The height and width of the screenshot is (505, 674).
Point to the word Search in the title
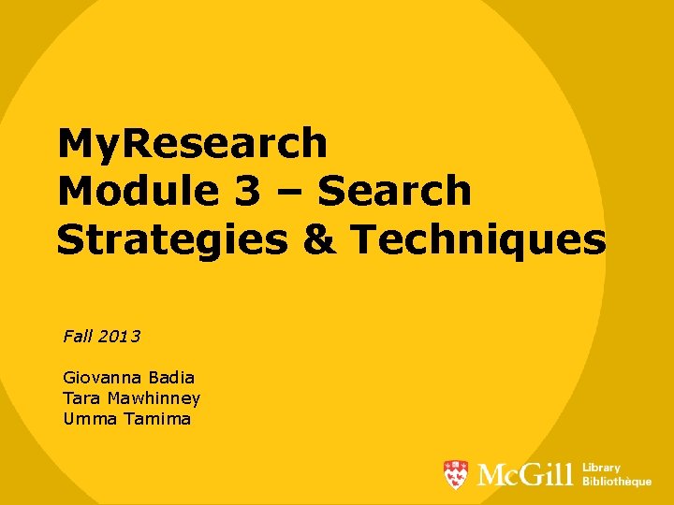(x=395, y=192)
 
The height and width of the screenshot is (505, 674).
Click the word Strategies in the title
(x=171, y=239)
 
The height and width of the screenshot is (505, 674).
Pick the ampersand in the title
(x=320, y=239)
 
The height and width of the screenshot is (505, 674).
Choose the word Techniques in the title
(x=478, y=239)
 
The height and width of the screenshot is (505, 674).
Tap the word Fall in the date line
(x=76, y=335)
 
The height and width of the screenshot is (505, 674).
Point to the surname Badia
(x=173, y=378)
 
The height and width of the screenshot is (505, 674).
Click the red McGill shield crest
(x=456, y=475)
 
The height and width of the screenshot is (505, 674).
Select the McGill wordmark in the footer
(x=524, y=475)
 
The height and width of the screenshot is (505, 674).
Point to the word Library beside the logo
(x=601, y=468)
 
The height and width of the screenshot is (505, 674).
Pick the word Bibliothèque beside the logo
(x=617, y=482)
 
